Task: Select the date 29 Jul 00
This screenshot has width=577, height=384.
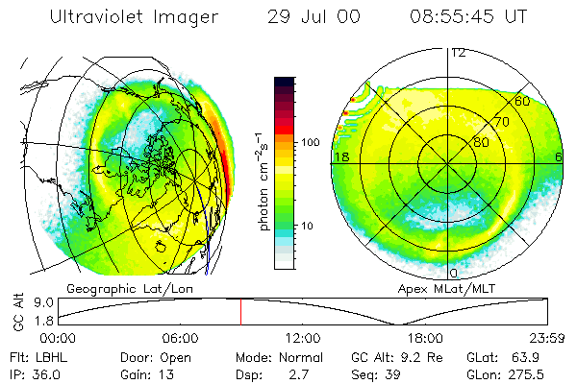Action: click(306, 17)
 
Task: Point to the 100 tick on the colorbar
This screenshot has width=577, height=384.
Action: click(311, 142)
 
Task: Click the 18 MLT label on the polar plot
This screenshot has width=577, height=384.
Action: click(339, 156)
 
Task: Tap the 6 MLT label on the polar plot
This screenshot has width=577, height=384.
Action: click(559, 156)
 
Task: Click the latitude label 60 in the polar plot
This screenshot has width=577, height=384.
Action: click(522, 100)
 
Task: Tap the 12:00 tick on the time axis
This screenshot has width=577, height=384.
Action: click(303, 338)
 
